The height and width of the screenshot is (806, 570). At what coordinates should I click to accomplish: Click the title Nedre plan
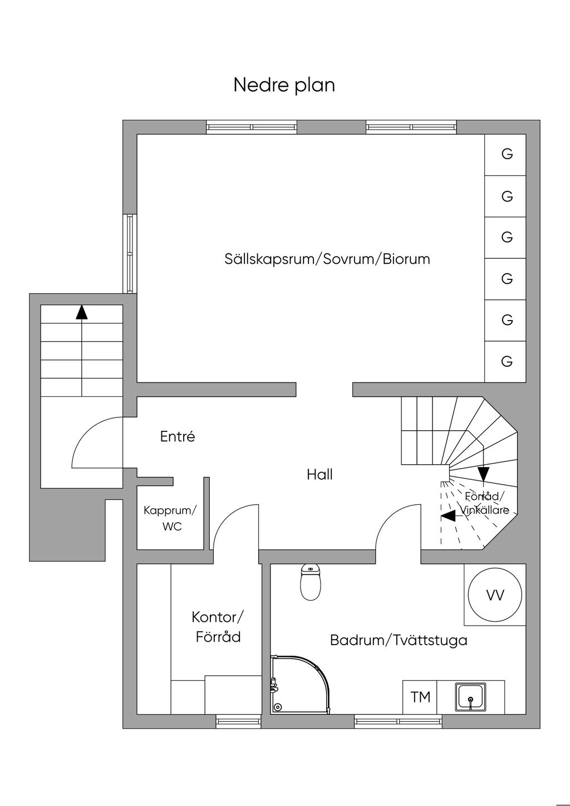[x=284, y=85]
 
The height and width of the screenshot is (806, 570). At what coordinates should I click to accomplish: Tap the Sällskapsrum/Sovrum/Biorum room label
[x=327, y=259]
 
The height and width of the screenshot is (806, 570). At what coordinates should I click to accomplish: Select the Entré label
[x=178, y=437]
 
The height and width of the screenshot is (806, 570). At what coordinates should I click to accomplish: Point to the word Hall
[x=320, y=475]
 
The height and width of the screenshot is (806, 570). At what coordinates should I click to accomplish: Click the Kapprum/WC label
[x=170, y=518]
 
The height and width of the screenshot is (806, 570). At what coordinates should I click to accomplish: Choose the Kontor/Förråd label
[x=218, y=627]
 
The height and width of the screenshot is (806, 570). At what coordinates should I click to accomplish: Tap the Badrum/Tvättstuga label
[x=399, y=640]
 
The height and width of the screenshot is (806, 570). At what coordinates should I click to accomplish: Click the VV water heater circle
[x=495, y=596]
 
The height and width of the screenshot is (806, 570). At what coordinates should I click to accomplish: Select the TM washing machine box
[x=420, y=697]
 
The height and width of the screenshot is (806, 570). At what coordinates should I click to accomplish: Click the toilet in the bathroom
[x=311, y=583]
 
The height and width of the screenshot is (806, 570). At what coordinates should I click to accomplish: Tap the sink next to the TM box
[x=471, y=697]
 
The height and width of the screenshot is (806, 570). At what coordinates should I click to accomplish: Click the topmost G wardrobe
[x=507, y=154]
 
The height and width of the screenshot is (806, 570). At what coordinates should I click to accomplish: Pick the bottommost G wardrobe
[x=507, y=362]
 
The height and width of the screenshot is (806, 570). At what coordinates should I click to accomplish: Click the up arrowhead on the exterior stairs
[x=82, y=312]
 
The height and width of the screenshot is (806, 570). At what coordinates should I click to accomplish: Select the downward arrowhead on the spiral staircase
[x=483, y=474]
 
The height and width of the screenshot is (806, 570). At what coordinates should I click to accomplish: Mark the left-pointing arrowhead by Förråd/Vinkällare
[x=448, y=516]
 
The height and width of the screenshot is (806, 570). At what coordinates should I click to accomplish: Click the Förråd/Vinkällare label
[x=484, y=503]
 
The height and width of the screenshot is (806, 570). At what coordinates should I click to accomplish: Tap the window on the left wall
[x=130, y=253]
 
